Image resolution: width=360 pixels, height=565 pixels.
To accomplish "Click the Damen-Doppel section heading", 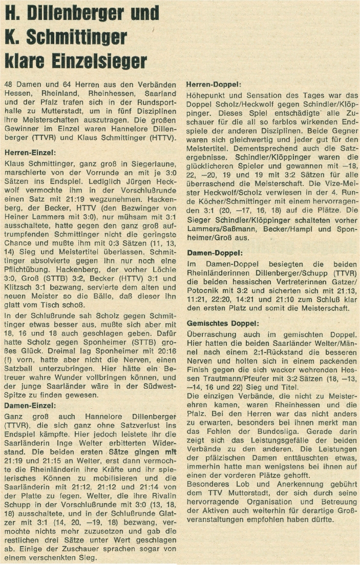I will (x=211, y=253).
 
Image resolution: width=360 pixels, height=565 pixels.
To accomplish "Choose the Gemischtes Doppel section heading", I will (x=222, y=324).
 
